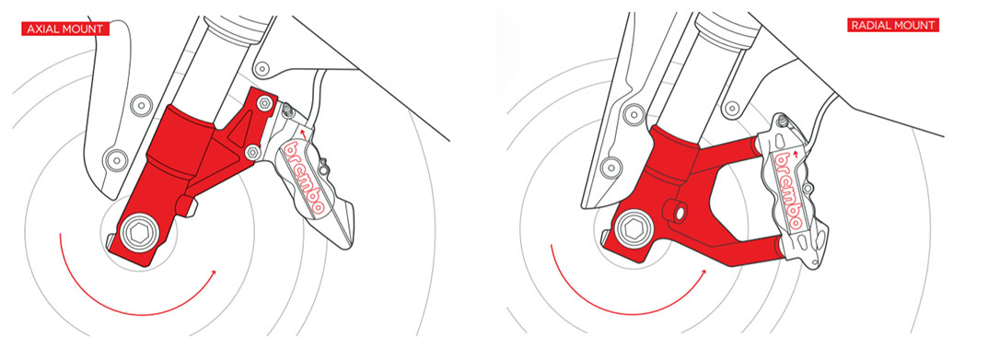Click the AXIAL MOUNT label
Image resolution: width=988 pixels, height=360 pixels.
pos(65,29)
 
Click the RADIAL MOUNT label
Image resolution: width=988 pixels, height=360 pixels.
pos(893,25)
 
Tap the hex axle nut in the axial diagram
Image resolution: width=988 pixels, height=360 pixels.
pos(137,235)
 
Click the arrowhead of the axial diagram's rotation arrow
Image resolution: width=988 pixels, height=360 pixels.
pos(213,273)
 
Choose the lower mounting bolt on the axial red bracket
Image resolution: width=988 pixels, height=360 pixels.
pos(252,151)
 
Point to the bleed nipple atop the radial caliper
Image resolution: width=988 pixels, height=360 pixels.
pos(782,120)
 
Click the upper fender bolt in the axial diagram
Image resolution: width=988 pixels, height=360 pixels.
pos(141,105)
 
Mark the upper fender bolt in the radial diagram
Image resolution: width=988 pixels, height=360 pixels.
pos(632,114)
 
